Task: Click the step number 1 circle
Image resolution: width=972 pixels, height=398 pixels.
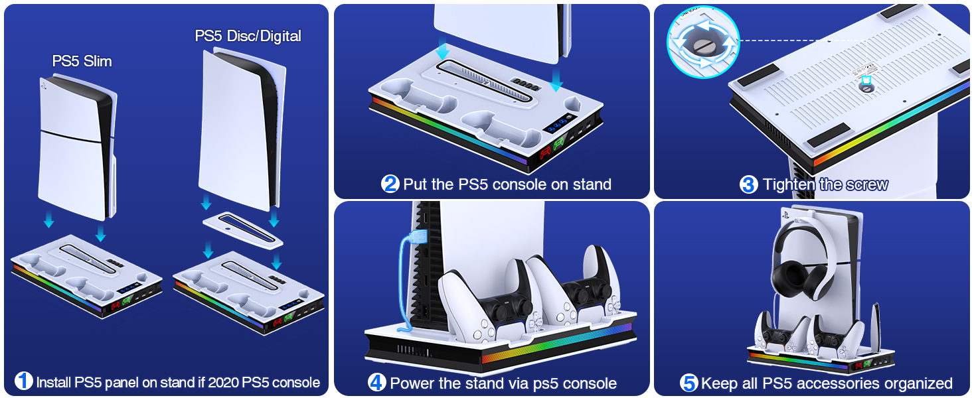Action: click(x=23, y=381)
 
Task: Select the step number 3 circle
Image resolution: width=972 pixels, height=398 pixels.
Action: click(x=748, y=184)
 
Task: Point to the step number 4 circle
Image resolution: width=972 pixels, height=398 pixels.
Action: click(x=376, y=382)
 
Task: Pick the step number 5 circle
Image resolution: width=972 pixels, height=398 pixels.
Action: click(x=688, y=383)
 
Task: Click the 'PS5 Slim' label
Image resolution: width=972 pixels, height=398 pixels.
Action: click(x=82, y=61)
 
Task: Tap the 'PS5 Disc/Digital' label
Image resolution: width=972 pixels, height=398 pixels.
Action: click(x=248, y=36)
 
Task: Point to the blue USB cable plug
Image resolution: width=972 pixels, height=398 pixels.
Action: click(x=418, y=237)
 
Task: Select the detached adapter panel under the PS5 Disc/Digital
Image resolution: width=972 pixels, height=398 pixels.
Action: click(x=242, y=230)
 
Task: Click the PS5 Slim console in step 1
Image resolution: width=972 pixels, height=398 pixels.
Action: click(x=78, y=147)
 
